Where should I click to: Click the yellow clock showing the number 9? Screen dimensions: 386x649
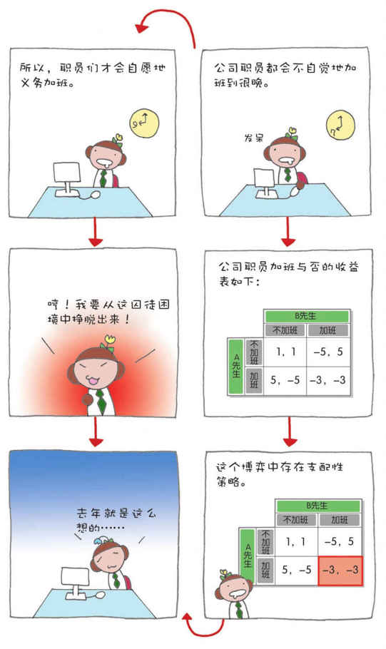(144, 123)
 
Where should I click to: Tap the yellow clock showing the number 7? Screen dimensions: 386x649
(340, 125)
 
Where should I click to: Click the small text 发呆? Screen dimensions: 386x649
(253, 138)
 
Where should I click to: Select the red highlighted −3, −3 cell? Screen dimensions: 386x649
(340, 571)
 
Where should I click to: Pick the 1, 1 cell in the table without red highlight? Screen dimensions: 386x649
(285, 352)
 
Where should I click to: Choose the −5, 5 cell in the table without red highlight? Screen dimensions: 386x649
(328, 352)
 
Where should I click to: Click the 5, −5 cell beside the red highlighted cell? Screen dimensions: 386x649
(296, 570)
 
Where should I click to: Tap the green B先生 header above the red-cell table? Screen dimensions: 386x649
(318, 506)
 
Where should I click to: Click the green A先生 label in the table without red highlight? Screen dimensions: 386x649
(236, 366)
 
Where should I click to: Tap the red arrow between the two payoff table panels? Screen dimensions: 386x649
(290, 431)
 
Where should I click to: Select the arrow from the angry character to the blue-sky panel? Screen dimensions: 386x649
(96, 431)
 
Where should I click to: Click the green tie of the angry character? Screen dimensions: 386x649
(101, 402)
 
